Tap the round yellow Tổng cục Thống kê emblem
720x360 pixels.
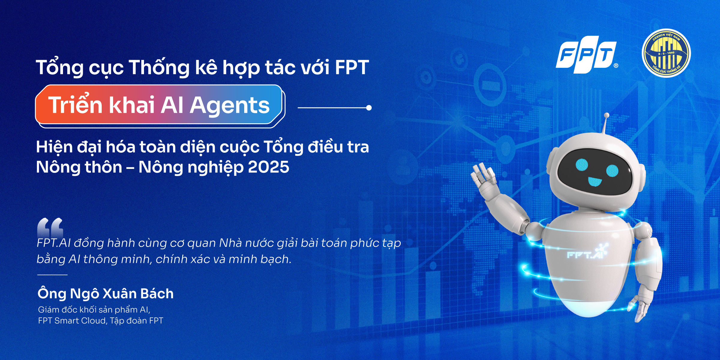click(666, 53)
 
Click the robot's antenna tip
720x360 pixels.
click(606, 115)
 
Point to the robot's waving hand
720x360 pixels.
click(484, 175)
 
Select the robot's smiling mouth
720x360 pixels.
click(594, 181)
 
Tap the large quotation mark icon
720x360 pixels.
click(50, 227)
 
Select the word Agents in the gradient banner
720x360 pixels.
click(229, 105)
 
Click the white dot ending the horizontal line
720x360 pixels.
click(369, 108)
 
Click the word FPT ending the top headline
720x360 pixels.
click(352, 67)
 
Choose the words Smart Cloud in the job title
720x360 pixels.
click(80, 321)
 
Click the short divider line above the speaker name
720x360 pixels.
click(52, 274)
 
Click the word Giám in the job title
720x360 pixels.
click(48, 310)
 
